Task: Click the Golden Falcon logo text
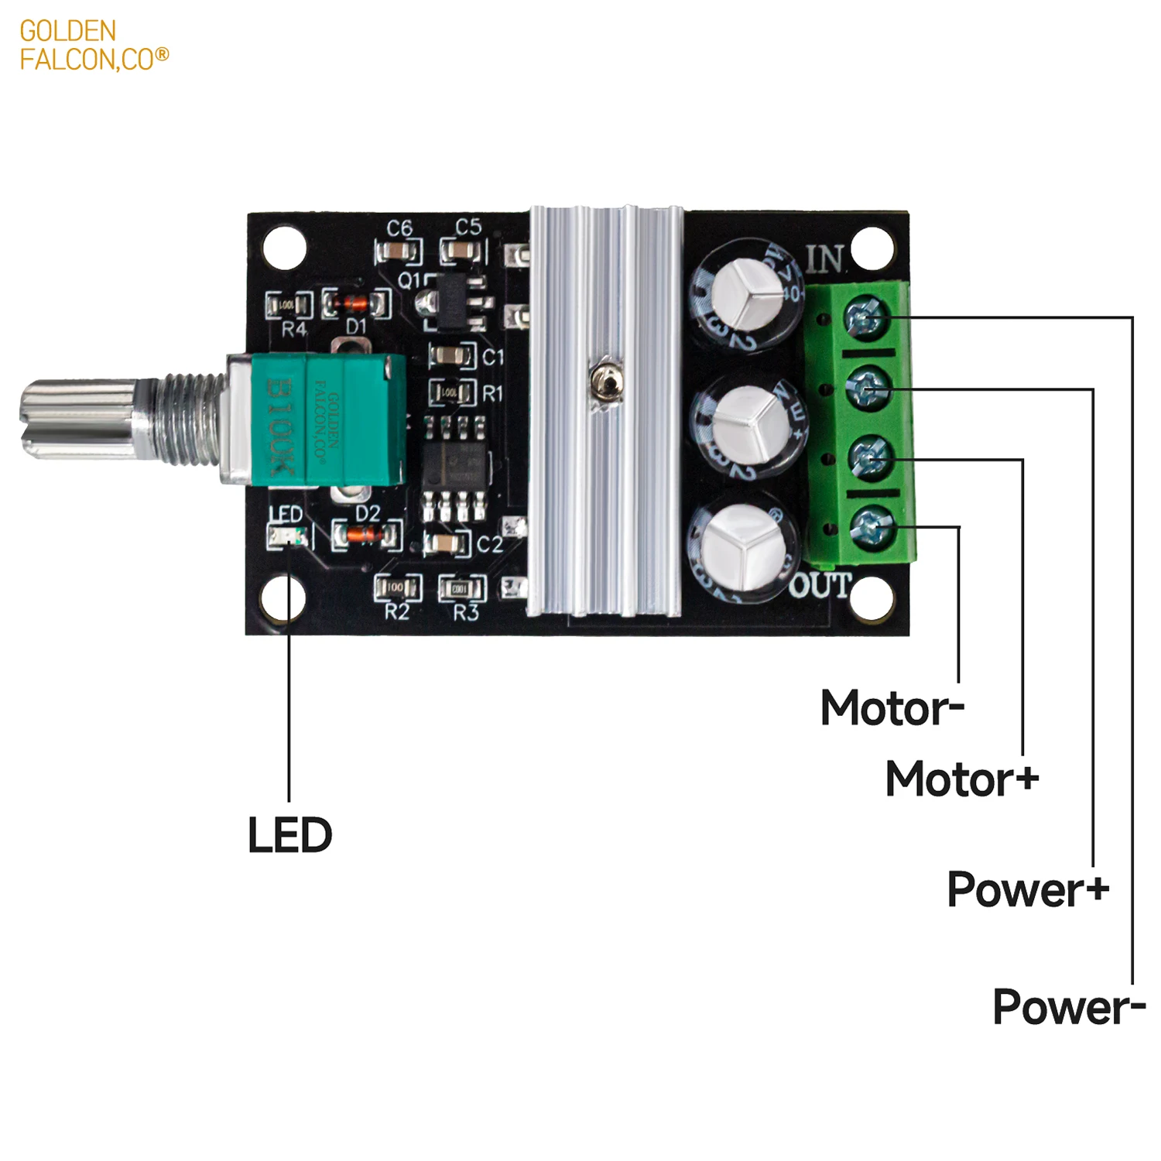click(93, 45)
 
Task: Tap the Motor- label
click(892, 708)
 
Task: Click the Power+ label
click(1028, 889)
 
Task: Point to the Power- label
click(1068, 1007)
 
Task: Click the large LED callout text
click(289, 835)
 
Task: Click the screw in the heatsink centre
click(604, 382)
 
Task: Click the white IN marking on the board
click(825, 259)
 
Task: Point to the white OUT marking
click(820, 587)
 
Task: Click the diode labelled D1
click(356, 303)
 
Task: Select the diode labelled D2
click(367, 534)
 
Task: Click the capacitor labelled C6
click(399, 251)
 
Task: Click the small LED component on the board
click(287, 536)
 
